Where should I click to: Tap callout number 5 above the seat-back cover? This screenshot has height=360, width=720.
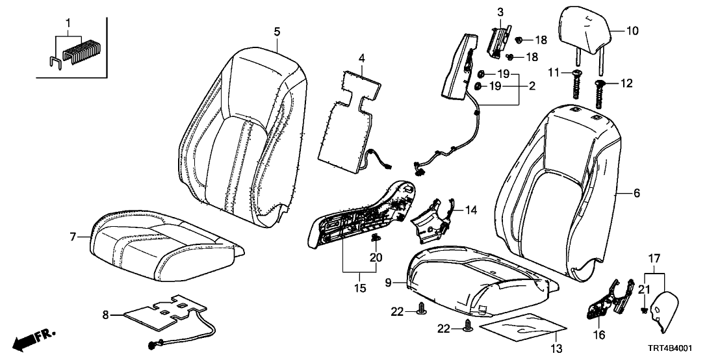(x=277, y=31)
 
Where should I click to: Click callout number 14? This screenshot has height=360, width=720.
(x=471, y=209)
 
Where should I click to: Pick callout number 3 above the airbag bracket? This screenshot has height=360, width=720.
(x=500, y=12)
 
